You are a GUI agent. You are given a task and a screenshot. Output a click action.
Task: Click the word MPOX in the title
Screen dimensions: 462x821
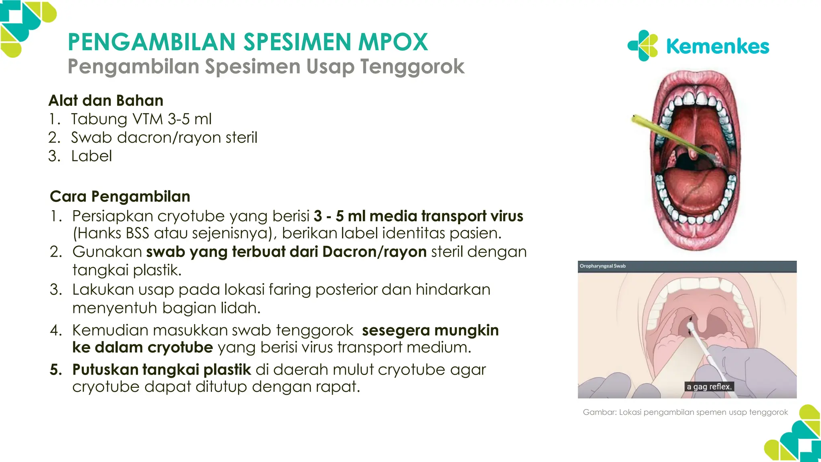pos(393,42)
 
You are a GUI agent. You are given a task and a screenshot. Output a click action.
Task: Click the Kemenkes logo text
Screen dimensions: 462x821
pos(718,47)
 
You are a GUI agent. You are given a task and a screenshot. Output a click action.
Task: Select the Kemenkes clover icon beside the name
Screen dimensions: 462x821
pos(643,46)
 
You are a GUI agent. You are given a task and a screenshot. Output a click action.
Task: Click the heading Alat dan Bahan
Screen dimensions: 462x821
pos(106,100)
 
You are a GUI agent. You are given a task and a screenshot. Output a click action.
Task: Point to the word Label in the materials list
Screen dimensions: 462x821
pos(91,156)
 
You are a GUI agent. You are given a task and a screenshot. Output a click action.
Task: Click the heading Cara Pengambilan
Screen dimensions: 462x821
pos(120,197)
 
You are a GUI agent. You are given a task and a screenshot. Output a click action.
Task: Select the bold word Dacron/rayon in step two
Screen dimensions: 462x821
pos(374,252)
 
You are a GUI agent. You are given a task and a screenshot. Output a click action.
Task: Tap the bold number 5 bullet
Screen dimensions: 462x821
pos(55,369)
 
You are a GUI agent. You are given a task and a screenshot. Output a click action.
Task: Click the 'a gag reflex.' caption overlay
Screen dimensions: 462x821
pos(709,387)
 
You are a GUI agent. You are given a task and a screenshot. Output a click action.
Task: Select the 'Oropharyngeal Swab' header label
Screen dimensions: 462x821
pos(603,266)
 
